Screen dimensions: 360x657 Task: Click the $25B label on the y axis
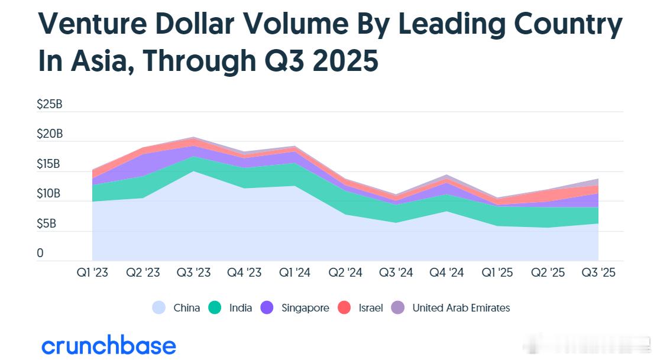pos(49,105)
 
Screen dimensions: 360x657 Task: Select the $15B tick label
pos(49,164)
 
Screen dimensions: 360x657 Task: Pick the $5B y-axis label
pos(49,224)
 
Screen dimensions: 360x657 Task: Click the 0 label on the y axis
pos(40,254)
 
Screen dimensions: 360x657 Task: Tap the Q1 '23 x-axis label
pos(92,273)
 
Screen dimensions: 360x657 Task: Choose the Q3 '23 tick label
pos(193,273)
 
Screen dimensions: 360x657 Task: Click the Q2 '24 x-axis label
pos(345,273)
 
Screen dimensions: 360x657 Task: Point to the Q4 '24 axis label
pos(446,273)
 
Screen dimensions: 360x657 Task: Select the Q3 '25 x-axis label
pos(598,273)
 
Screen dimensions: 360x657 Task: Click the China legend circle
pos(158,308)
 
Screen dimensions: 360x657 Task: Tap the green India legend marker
pos(215,308)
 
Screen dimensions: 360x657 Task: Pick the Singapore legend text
pos(305,308)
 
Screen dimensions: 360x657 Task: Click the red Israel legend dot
pos(344,308)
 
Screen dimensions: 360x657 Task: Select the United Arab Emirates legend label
pos(461,308)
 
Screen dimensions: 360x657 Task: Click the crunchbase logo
pos(109,346)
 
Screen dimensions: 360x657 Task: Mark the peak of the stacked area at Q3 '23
pos(193,138)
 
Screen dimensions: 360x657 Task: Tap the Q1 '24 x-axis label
pos(294,273)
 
